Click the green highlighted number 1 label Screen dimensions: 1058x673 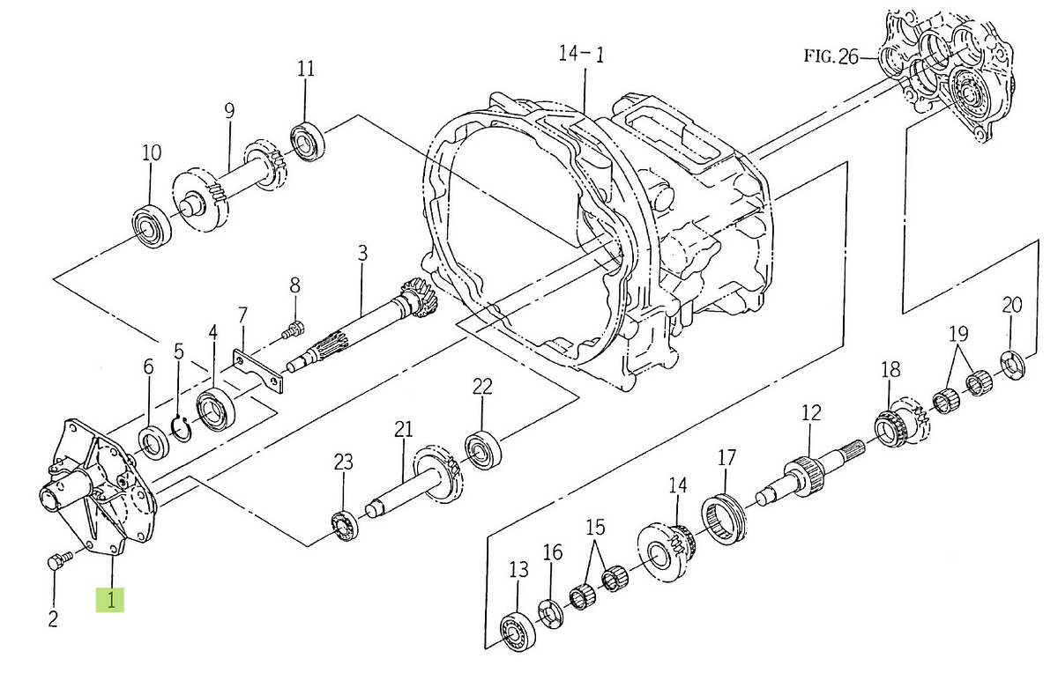click(x=110, y=600)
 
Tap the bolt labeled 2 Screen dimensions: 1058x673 click(x=60, y=559)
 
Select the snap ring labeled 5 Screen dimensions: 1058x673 click(x=181, y=428)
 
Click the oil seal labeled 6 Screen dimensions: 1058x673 click(x=153, y=442)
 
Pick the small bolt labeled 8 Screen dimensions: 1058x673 click(x=294, y=329)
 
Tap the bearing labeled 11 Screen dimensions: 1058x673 click(x=308, y=142)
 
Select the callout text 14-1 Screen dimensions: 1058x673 click(x=581, y=54)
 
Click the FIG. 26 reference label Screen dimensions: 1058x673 click(x=831, y=56)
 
